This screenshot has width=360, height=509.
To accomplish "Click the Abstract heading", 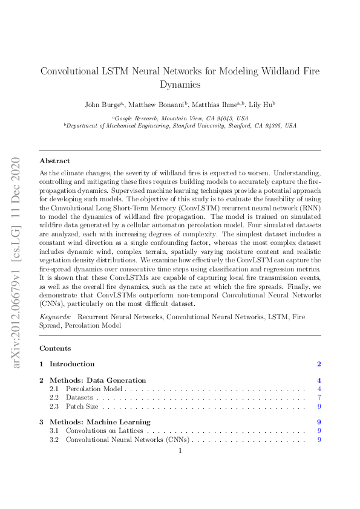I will (54, 161).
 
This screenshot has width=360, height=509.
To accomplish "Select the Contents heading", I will (54, 348).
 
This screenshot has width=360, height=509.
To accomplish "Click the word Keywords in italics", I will (54, 317).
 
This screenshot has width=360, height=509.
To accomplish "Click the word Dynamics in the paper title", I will (180, 85).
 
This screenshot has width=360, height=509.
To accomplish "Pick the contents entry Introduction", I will (71, 364).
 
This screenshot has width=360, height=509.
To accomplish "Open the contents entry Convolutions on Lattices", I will (105, 430).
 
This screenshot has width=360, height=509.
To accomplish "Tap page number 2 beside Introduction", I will (319, 364).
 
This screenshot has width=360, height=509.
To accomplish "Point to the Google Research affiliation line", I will (180, 118).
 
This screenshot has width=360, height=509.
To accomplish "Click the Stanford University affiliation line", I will (180, 126).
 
